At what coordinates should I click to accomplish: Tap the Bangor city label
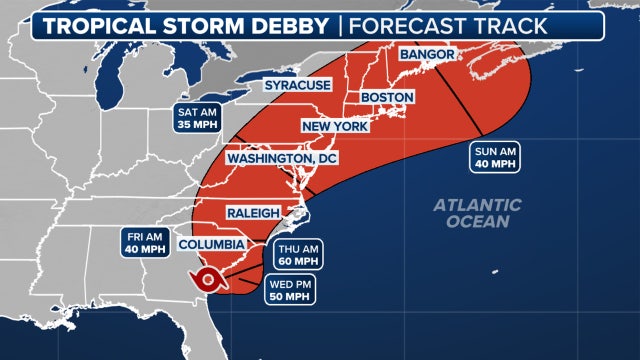pos(428,53)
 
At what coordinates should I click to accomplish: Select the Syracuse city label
pos(297,86)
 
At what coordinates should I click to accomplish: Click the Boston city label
pos(386,96)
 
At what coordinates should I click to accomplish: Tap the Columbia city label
pos(211,244)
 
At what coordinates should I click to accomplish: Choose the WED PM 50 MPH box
pos(291,291)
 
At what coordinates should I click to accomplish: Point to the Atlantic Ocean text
pos(477,212)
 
